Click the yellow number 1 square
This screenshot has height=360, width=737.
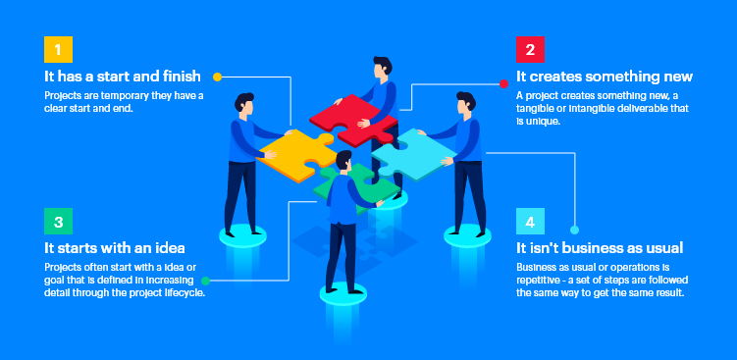[59, 49]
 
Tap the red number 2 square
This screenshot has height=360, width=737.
[531, 49]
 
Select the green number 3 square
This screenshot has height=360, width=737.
[59, 222]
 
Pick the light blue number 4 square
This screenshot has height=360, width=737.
[531, 222]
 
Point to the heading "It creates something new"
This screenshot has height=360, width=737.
[605, 77]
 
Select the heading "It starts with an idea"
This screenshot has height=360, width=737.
[115, 247]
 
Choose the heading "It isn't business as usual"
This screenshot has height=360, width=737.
[599, 247]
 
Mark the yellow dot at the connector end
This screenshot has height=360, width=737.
[217, 76]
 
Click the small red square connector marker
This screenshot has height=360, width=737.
[503, 82]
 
